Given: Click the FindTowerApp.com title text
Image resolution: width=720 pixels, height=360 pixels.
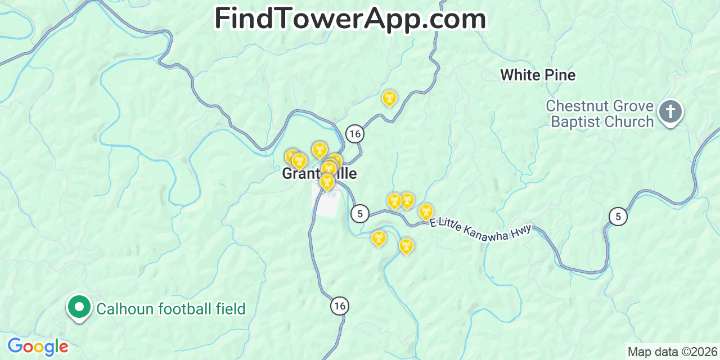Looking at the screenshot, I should coord(350,19).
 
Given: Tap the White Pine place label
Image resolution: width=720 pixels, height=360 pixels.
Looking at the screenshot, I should coord(538,75).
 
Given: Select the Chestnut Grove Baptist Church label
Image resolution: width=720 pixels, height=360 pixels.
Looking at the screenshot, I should coord(600,114).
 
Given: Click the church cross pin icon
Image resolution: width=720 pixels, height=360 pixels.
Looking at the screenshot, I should coord(670,111).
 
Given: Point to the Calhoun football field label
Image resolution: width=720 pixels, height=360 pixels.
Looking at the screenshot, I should coord(171,309).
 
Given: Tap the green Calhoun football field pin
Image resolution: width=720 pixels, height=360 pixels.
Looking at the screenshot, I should coord(79,307).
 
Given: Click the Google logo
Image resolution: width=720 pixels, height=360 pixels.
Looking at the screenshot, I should coord(38,346).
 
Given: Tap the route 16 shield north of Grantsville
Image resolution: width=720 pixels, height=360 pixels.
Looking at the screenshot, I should coord(354,134).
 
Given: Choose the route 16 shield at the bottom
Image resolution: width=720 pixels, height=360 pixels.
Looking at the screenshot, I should coord(339,306).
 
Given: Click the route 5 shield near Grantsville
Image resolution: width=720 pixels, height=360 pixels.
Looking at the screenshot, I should coord(359,213).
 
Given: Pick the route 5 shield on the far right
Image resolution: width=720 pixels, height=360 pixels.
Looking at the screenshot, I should coord(618,216).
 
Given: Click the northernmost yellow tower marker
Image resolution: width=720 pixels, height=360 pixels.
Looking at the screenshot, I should coord(389,98).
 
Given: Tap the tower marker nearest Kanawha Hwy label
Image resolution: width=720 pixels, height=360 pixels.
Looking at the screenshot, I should coord(426,212).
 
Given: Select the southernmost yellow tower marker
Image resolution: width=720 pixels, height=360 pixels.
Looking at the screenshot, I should coord(406,246).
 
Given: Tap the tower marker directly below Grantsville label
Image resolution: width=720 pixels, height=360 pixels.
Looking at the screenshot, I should coord(327,182).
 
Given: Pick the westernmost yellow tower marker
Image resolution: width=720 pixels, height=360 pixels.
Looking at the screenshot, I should coord(291,156).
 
